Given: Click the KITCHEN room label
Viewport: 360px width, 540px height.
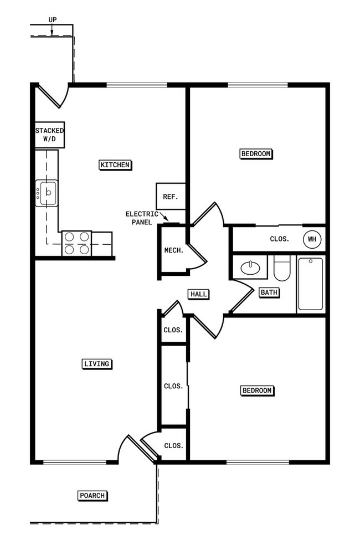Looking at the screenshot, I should pyautogui.click(x=115, y=164).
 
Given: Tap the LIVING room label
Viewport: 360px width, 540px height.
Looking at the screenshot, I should pyautogui.click(x=97, y=364).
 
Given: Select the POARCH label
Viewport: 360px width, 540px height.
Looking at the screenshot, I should pyautogui.click(x=92, y=496).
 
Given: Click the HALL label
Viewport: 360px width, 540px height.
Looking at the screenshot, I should pyautogui.click(x=198, y=294).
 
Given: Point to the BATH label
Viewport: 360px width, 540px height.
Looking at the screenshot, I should pyautogui.click(x=269, y=292).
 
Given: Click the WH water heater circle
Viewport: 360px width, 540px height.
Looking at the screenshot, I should pyautogui.click(x=311, y=240).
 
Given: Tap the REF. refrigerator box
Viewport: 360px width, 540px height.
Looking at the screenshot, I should pyautogui.click(x=169, y=197).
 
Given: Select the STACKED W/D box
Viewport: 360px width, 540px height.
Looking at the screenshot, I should pyautogui.click(x=50, y=135).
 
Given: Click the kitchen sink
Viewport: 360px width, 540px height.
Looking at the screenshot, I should pyautogui.click(x=48, y=193).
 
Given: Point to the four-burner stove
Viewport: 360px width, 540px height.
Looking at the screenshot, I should pyautogui.click(x=76, y=243).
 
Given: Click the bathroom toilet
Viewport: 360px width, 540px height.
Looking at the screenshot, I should pyautogui.click(x=282, y=268).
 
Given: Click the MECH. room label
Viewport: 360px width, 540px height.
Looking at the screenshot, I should pyautogui.click(x=173, y=250).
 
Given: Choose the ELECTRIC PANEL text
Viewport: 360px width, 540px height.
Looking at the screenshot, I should pyautogui.click(x=141, y=218).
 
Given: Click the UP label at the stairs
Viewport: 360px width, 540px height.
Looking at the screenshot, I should pyautogui.click(x=52, y=19).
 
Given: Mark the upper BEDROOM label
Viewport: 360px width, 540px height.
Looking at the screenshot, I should pyautogui.click(x=256, y=153).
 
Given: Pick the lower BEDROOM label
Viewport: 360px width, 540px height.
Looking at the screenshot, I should pyautogui.click(x=258, y=390).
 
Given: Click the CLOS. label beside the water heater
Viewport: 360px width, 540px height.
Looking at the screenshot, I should pyautogui.click(x=280, y=239).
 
